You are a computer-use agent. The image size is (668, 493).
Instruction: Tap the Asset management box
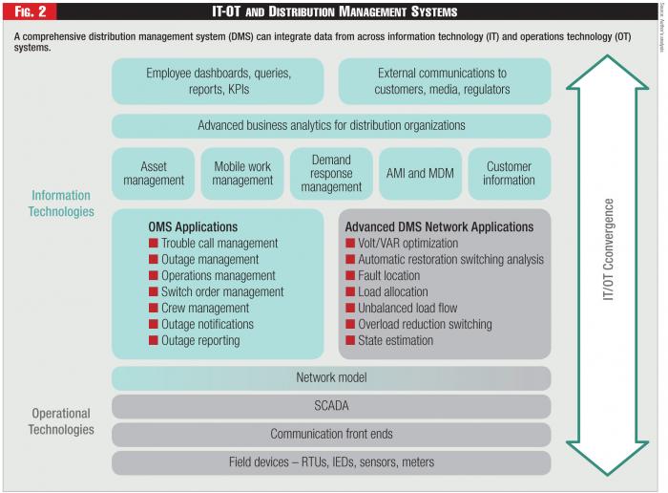153,173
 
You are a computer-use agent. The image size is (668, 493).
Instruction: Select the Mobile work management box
241,173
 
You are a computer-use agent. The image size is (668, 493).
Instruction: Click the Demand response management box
331,173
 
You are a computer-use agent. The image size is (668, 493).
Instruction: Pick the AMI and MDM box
421,173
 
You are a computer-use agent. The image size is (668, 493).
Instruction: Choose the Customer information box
510,173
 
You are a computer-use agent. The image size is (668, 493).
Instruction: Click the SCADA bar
331,406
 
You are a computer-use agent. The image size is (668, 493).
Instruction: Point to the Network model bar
331,378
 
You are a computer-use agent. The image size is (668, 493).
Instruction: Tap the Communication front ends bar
331,435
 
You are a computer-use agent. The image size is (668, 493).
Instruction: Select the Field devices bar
331,462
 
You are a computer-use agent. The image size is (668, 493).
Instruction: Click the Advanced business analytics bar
331,126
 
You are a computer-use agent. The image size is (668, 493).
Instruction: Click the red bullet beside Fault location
350,276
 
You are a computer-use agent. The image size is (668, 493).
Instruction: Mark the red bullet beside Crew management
154,309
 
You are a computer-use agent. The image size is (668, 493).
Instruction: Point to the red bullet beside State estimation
350,341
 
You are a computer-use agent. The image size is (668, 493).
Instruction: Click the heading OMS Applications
193,227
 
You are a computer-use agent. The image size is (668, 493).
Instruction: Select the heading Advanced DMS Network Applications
439,227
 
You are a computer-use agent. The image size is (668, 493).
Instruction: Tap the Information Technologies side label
62,204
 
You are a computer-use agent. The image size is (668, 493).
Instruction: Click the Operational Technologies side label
62,421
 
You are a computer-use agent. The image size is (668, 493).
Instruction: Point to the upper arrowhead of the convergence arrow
608,72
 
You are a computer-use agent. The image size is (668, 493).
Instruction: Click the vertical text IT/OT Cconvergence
608,250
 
